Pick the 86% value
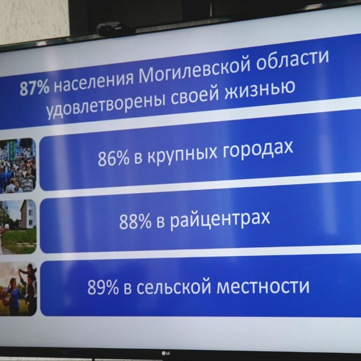pos(113,159)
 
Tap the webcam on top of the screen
pos(116,29)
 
